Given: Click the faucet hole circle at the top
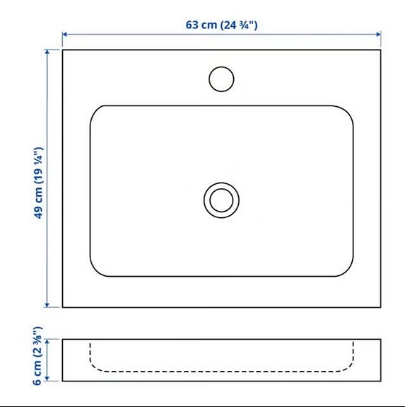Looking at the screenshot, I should [221, 78].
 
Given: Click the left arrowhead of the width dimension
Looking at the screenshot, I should [65, 33].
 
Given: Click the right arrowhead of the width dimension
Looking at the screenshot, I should [378, 33].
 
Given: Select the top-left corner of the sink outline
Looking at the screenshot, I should [63, 50].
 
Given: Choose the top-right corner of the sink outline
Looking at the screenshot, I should [381, 50].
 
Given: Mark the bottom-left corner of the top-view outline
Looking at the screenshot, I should [63, 307].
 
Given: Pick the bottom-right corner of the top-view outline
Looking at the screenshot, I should [381, 307].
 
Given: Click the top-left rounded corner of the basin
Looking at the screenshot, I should [96, 112].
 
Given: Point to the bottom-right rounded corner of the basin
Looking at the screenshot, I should [346, 270].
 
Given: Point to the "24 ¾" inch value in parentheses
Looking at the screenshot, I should [237, 24].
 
